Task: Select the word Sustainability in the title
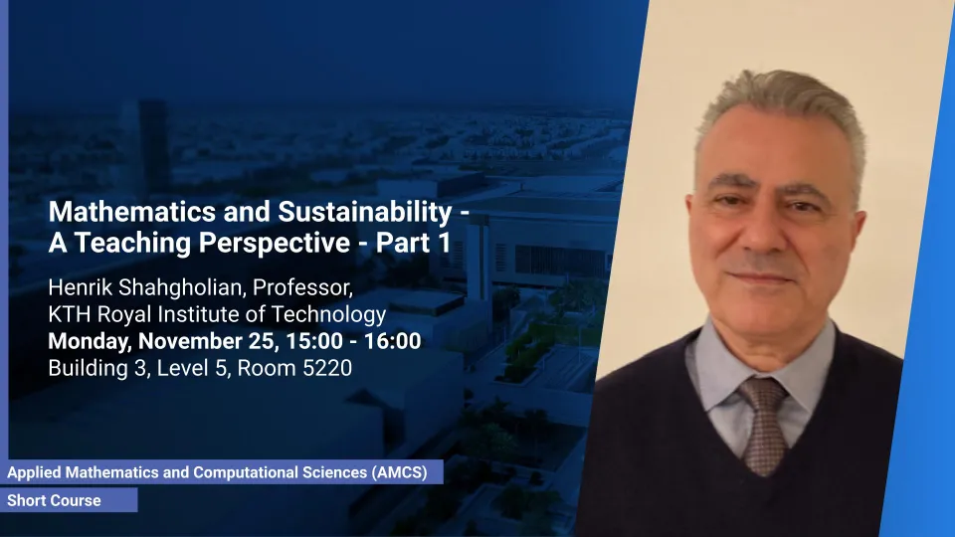[x=365, y=213]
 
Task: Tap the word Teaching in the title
[x=132, y=244]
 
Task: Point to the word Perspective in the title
[x=275, y=244]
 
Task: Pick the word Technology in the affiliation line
[x=328, y=315]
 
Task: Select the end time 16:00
[x=392, y=341]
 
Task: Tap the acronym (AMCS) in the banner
[x=399, y=472]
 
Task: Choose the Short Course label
[x=54, y=500]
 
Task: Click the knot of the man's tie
[x=764, y=397]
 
